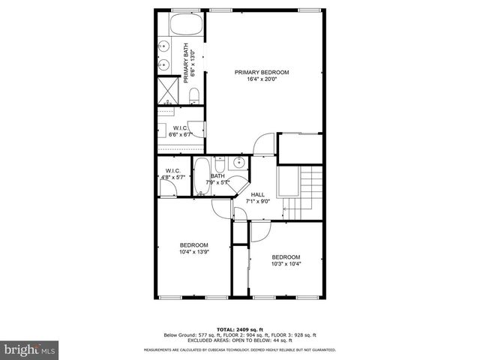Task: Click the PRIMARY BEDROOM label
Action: coord(262,72)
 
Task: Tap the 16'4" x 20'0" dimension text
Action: coord(262,80)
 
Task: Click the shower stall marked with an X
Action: coord(166,90)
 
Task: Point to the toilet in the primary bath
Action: coord(193,95)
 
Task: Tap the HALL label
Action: coord(258,194)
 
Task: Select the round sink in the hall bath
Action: coord(239,162)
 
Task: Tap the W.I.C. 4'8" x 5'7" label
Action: coord(174,174)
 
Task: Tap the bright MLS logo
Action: coord(29,349)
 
